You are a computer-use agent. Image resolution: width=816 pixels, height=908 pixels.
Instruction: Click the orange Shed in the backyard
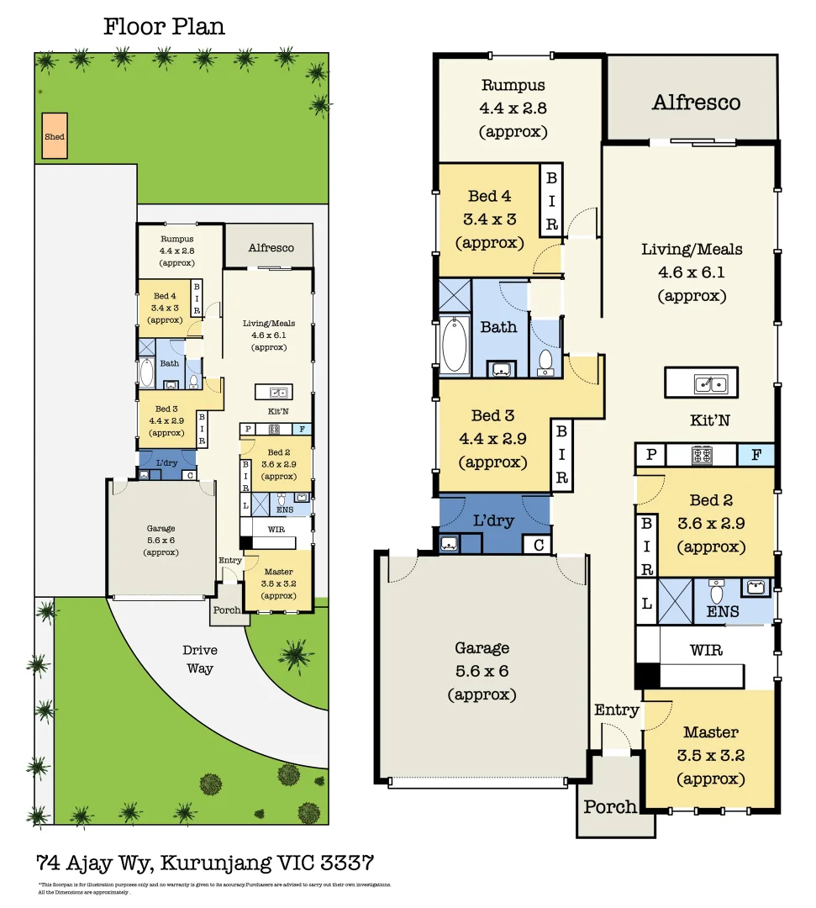[55, 136]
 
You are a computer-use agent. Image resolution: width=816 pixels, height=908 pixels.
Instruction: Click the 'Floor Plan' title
[164, 26]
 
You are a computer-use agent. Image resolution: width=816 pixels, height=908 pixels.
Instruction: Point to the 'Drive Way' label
[200, 659]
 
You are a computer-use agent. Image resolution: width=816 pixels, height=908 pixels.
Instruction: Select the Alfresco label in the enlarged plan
[697, 103]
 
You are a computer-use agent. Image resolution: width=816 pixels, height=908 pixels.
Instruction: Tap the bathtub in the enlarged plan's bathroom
[455, 345]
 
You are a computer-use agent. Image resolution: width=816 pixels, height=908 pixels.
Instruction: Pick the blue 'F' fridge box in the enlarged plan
[755, 455]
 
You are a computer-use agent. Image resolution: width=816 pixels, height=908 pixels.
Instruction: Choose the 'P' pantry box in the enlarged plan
[651, 455]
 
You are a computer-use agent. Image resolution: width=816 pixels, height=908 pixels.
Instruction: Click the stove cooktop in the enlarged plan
[702, 455]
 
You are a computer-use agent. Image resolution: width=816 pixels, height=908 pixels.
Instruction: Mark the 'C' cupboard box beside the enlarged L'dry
[538, 545]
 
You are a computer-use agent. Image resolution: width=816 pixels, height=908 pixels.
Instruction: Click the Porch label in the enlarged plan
[610, 807]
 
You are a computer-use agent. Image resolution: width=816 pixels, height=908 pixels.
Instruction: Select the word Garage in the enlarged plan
[482, 648]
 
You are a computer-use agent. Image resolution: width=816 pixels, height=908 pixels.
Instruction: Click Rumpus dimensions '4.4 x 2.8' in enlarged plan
[513, 108]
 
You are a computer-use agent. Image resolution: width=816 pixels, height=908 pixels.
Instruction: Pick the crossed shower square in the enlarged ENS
[675, 600]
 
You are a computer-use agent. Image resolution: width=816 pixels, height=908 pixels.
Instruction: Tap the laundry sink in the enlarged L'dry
[448, 544]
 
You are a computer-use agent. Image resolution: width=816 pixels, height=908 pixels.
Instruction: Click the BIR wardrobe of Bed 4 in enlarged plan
[551, 200]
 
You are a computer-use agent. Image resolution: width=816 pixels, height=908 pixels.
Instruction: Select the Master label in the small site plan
[278, 572]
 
